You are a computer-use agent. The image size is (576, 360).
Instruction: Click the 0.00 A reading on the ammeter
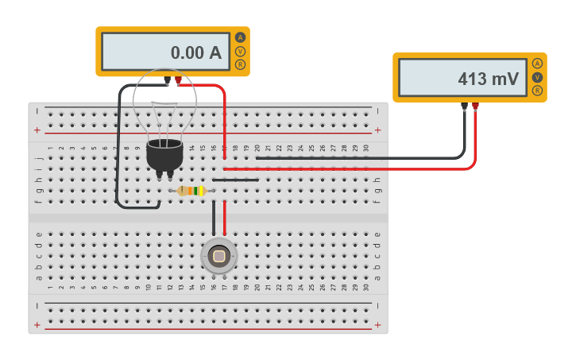[195, 53]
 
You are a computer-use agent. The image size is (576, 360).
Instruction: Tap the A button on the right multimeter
[538, 64]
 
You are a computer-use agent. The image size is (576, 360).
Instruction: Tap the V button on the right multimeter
[538, 77]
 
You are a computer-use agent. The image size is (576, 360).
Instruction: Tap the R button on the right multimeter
[538, 91]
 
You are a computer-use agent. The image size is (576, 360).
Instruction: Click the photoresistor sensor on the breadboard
[219, 256]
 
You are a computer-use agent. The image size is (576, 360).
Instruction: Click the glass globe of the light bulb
[164, 103]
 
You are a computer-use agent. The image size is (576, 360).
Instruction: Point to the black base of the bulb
[165, 154]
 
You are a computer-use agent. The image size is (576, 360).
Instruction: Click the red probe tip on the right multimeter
[475, 106]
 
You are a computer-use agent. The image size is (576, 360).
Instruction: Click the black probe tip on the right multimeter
[464, 106]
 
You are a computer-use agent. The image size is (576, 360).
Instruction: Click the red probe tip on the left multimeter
[178, 80]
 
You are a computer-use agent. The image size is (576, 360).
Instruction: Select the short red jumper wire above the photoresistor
[225, 218]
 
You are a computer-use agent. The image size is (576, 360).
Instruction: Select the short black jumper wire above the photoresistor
[214, 218]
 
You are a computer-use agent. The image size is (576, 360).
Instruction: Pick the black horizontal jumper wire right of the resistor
[235, 180]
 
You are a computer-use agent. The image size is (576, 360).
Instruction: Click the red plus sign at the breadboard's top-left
[37, 130]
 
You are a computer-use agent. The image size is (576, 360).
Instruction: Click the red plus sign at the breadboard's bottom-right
[378, 325]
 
